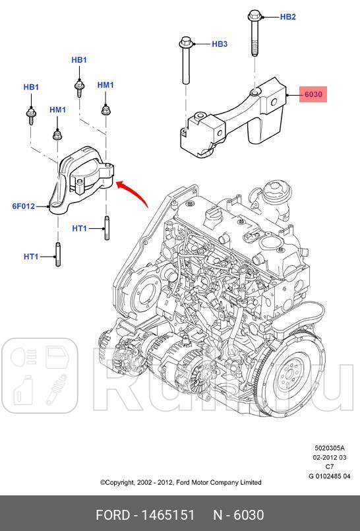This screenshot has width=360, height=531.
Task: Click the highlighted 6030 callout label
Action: click(313, 94)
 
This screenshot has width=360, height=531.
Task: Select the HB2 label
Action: click(287, 17)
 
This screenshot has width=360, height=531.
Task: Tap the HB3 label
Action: click(219, 44)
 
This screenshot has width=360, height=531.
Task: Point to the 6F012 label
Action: click(23, 206)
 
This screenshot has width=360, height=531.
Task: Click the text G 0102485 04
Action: click(330, 476)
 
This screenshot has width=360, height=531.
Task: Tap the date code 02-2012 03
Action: click(329, 457)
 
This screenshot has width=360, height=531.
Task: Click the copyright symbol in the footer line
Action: click(103, 483)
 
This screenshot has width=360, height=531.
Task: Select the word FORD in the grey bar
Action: click(113, 515)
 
